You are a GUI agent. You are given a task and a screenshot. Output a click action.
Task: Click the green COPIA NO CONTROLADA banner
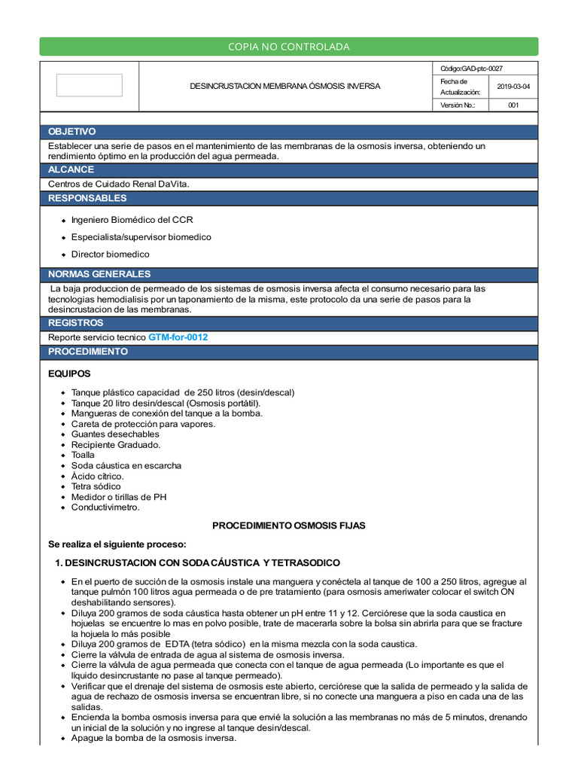click(289, 47)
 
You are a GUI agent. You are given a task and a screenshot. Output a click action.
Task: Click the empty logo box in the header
click(89, 85)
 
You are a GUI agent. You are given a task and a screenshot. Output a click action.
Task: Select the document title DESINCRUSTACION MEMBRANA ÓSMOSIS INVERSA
click(284, 87)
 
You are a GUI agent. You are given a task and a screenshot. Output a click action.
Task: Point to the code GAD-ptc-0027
click(472, 68)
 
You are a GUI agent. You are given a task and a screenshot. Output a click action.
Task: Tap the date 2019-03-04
click(513, 87)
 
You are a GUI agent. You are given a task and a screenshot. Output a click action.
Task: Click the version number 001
click(513, 105)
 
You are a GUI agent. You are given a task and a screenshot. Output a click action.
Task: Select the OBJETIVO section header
click(72, 132)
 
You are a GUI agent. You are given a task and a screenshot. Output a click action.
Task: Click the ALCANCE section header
click(71, 170)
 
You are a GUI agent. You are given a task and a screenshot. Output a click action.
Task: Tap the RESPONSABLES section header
click(87, 199)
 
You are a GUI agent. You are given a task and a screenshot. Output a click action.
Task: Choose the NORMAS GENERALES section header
click(99, 274)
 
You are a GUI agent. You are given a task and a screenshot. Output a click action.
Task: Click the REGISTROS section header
click(76, 323)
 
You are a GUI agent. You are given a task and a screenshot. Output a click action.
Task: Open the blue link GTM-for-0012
click(178, 337)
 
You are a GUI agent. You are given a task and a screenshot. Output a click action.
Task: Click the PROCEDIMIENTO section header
click(88, 352)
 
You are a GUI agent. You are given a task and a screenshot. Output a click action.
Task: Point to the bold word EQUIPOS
click(69, 373)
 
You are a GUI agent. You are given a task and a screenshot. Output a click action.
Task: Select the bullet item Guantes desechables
click(115, 434)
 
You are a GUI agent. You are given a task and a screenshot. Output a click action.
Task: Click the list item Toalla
click(83, 455)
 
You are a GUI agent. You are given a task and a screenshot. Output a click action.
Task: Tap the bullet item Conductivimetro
click(105, 507)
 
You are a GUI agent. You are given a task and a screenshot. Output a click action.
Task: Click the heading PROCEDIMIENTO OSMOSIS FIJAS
click(288, 526)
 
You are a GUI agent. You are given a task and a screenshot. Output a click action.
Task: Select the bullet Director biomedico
click(110, 254)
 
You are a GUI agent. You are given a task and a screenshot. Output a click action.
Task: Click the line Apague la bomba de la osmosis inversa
click(154, 738)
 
